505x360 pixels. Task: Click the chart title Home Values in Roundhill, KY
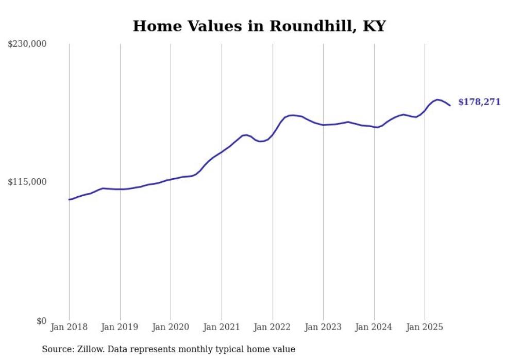[x=259, y=26]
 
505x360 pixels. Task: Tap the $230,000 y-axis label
[x=27, y=44]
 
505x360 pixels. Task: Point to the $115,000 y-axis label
[x=27, y=182]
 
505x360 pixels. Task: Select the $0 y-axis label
[x=41, y=321]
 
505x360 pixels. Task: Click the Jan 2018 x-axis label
[x=69, y=327]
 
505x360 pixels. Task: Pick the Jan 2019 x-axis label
[x=120, y=327]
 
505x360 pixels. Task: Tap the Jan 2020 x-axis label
[x=171, y=327]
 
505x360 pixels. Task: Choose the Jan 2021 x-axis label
[x=222, y=327]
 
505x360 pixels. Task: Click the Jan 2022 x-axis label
[x=273, y=327]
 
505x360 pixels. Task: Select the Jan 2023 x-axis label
[x=323, y=327]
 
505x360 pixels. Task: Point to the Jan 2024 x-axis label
[x=374, y=327]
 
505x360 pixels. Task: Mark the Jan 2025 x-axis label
[x=425, y=327]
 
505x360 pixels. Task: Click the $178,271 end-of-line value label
[x=479, y=102]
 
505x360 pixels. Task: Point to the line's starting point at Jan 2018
[x=69, y=199]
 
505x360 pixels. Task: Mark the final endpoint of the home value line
[x=450, y=106]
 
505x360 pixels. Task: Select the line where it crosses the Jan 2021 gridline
[x=222, y=152]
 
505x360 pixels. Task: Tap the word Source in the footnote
[x=57, y=350]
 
